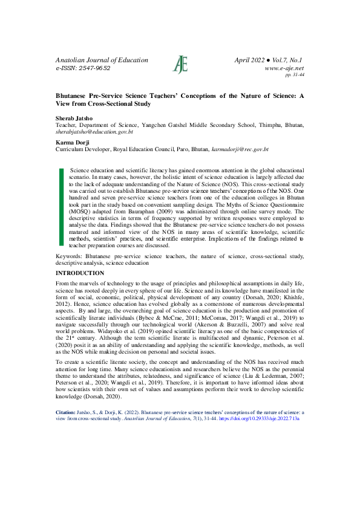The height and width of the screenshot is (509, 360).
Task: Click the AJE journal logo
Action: click(180, 64)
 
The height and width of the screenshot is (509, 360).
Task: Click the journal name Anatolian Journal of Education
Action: click(102, 60)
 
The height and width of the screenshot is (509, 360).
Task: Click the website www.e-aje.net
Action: click(284, 69)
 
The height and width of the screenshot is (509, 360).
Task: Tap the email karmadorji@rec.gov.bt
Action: click(239, 148)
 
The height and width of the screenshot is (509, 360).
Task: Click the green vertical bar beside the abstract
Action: click(61, 207)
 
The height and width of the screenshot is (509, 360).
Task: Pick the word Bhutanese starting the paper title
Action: click(73, 96)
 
